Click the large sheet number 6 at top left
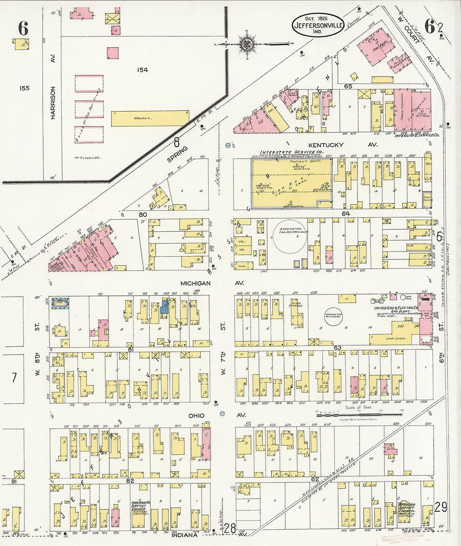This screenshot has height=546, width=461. [x=23, y=28]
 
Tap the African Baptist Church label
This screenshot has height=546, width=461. [x=407, y=508]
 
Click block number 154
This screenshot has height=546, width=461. [x=142, y=70]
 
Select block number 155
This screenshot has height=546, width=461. [x=24, y=88]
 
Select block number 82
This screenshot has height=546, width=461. [x=130, y=481]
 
